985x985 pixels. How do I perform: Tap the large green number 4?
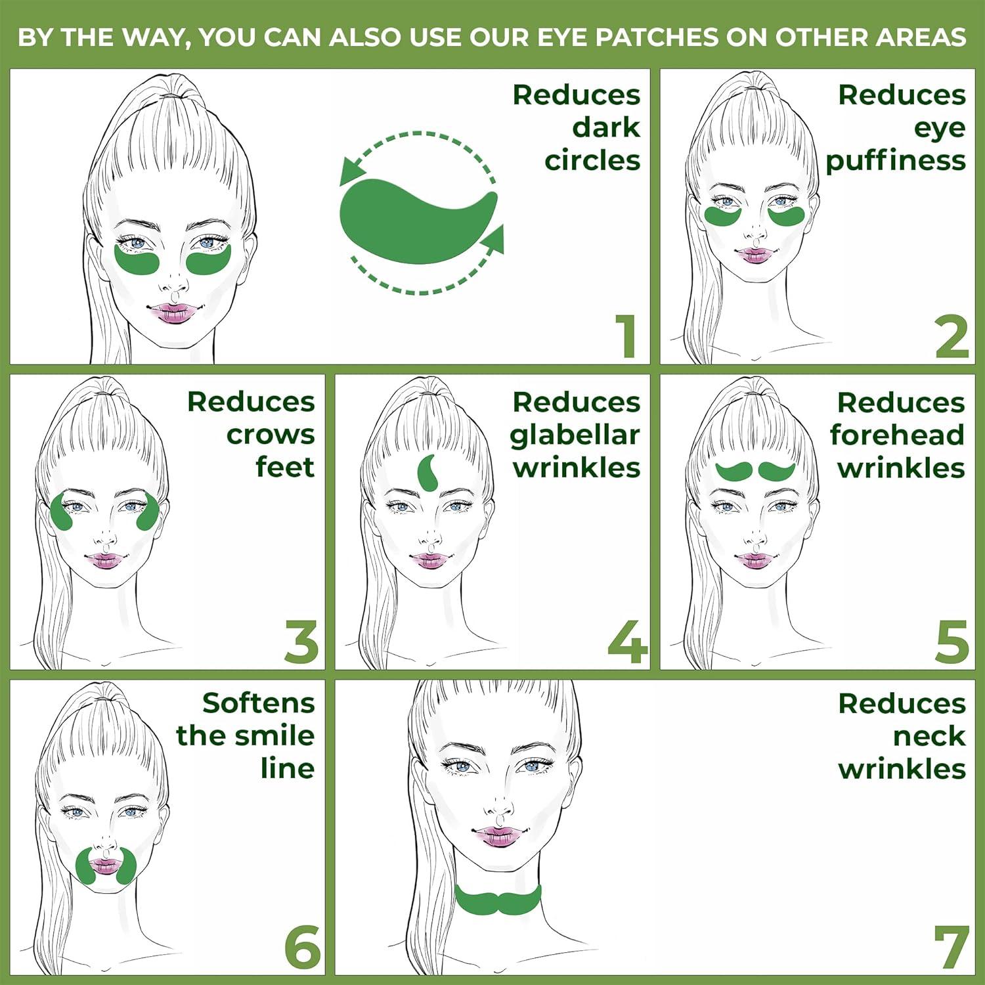click(627, 642)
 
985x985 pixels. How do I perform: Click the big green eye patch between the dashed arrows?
click(414, 220)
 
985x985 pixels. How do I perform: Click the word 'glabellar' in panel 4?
click(575, 435)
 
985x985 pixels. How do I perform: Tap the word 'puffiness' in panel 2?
click(896, 161)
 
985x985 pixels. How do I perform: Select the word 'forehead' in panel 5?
click(897, 435)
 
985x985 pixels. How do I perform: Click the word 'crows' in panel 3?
click(271, 435)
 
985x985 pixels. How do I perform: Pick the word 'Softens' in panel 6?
click(259, 703)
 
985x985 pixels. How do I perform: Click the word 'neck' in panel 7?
click(929, 736)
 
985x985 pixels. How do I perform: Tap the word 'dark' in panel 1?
click(605, 128)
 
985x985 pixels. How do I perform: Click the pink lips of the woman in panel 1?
click(170, 313)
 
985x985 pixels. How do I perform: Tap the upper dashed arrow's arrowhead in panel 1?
click(353, 172)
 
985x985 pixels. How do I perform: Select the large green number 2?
click(952, 336)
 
